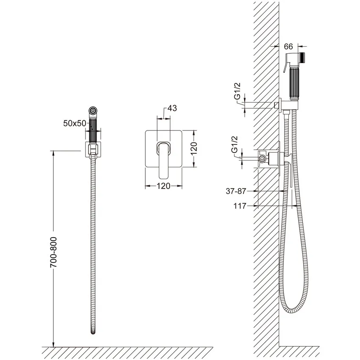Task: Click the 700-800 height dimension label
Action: pos(53,252)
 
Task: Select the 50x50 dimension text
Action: pos(75,124)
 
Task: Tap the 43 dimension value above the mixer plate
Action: pos(172,108)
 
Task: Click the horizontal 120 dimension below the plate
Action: pos(163,186)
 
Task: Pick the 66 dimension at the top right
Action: pos(288,47)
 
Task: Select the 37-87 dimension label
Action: pos(236,191)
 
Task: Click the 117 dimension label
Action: pos(240,206)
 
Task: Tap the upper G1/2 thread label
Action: pos(238,91)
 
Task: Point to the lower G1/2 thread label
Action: pos(234,145)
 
